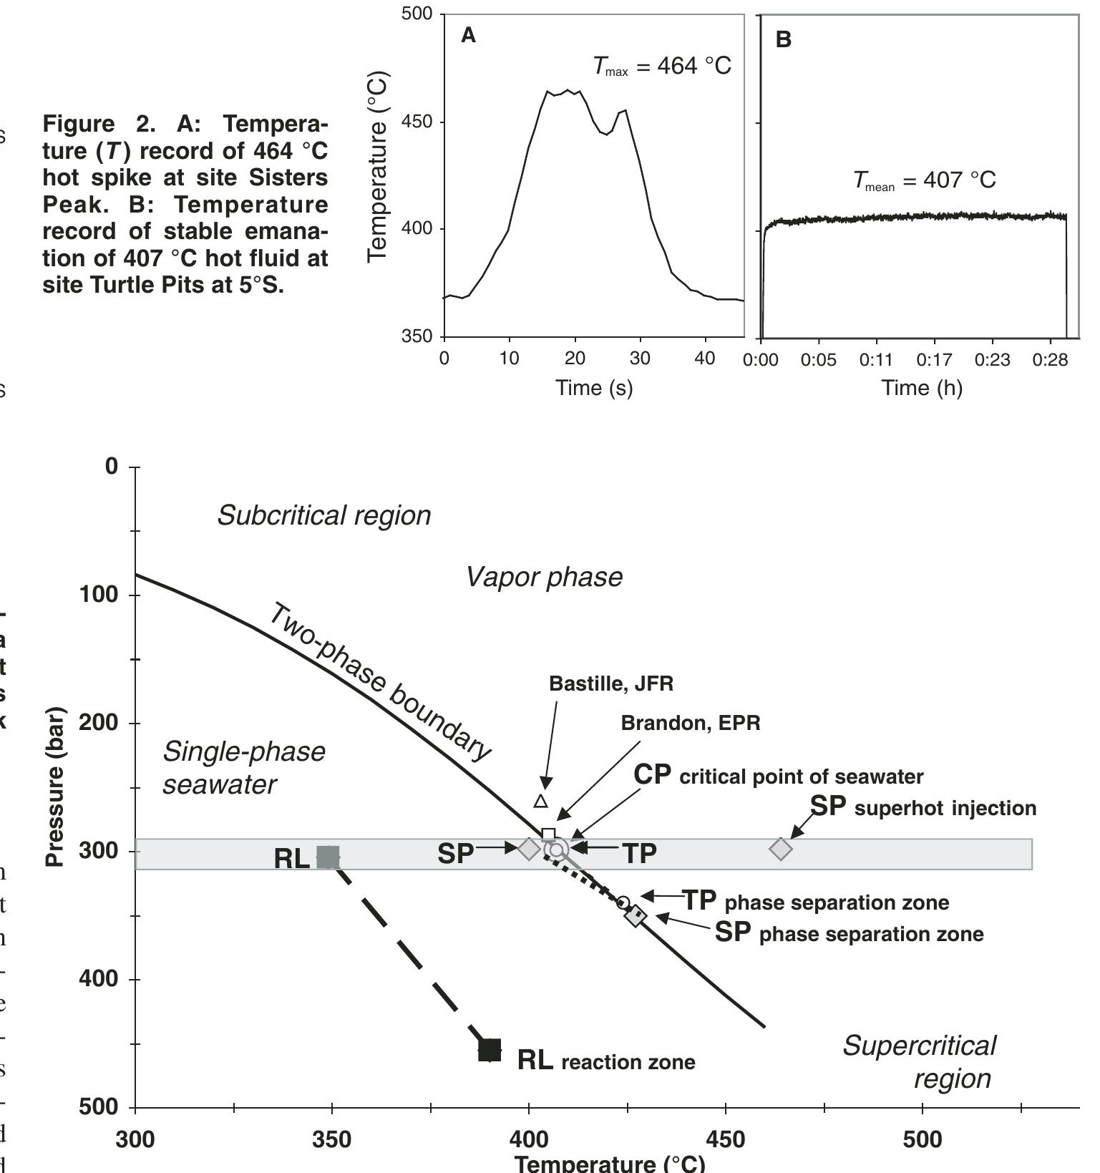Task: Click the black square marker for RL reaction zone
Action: (x=490, y=1050)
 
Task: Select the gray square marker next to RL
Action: (x=328, y=857)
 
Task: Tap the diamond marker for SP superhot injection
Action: (x=781, y=849)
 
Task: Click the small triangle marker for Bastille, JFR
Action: (x=541, y=801)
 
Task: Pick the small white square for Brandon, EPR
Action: (x=548, y=834)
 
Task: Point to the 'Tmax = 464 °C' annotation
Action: (x=662, y=67)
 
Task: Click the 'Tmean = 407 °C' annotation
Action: (x=924, y=180)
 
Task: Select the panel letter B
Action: (x=783, y=40)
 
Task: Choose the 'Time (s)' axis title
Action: (x=594, y=388)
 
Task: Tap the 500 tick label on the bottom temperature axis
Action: (x=923, y=1139)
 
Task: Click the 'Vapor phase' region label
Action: (x=544, y=577)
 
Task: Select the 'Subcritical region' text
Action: (x=323, y=515)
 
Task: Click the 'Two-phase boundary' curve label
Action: (x=379, y=680)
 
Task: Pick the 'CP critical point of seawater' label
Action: (x=779, y=775)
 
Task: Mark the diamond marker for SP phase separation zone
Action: (x=636, y=915)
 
